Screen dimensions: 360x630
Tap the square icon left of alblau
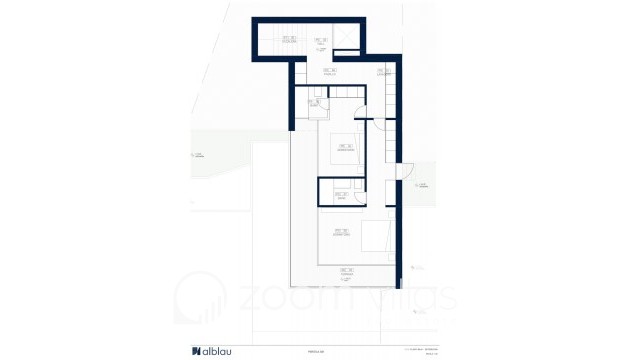click(x=196, y=351)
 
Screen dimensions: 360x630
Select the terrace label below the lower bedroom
click(x=346, y=271)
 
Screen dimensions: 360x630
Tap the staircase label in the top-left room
click(x=290, y=40)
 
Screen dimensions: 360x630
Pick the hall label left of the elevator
click(x=322, y=42)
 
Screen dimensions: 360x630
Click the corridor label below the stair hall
click(x=329, y=71)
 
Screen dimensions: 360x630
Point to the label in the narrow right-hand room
click(x=383, y=71)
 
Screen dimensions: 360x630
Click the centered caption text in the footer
click(x=315, y=351)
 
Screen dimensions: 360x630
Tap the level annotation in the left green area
click(x=198, y=153)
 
